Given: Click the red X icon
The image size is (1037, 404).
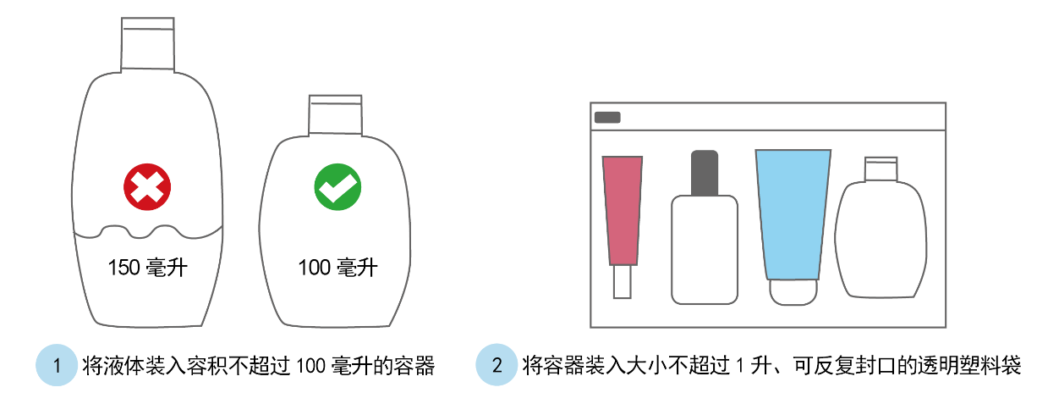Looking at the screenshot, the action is pyautogui.click(x=147, y=186).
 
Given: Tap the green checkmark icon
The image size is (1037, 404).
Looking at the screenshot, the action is pyautogui.click(x=337, y=186).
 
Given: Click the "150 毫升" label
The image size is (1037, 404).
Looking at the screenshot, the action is pyautogui.click(x=148, y=268).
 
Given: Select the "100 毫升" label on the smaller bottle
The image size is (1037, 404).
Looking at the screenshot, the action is pyautogui.click(x=338, y=268).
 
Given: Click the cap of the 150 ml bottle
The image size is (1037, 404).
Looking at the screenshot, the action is pyautogui.click(x=148, y=45).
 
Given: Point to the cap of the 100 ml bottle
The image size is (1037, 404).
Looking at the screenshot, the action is pyautogui.click(x=336, y=115).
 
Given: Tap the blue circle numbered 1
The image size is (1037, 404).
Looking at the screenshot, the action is pyautogui.click(x=57, y=365).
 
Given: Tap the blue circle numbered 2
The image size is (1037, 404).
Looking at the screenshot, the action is pyautogui.click(x=497, y=365).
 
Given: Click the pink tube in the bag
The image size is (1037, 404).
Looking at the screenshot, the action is pyautogui.click(x=623, y=211).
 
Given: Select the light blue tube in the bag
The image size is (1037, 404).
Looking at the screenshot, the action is pyautogui.click(x=793, y=214).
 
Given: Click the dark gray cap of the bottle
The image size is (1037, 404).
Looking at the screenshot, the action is pyautogui.click(x=705, y=172).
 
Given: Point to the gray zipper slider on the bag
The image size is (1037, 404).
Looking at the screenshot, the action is pyautogui.click(x=607, y=117).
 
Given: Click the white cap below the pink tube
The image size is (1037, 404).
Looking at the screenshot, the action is pyautogui.click(x=623, y=282).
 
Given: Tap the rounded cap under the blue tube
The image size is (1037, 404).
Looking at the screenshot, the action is pyautogui.click(x=793, y=292).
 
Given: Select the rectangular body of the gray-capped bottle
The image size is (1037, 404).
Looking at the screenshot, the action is pyautogui.click(x=705, y=250).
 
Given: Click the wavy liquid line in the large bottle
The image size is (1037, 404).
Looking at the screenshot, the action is pyautogui.click(x=148, y=232).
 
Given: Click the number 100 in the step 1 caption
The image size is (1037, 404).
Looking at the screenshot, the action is pyautogui.click(x=310, y=366).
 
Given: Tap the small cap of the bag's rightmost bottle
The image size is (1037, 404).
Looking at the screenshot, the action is pyautogui.click(x=881, y=169).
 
